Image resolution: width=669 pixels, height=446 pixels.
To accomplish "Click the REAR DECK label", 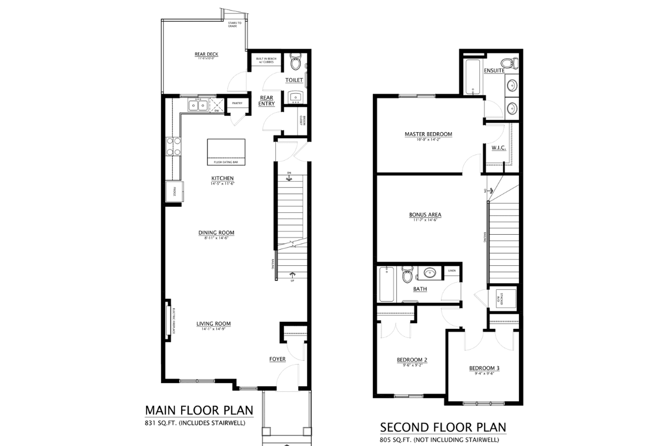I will click(206, 54).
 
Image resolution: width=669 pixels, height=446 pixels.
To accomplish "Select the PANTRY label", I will click(236, 103).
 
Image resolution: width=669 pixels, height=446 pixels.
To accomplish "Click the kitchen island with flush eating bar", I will click(226, 152).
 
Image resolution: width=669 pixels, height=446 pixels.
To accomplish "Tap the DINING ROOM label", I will click(216, 232).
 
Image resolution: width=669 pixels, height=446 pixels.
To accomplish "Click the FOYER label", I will click(277, 359).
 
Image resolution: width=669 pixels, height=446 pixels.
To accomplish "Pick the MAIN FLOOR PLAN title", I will click(199, 411).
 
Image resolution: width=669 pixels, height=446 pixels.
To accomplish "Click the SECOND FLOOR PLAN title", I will click(443, 428).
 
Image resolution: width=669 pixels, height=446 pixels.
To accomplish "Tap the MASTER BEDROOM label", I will click(428, 134).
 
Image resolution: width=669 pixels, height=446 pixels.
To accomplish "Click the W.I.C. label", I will click(498, 148).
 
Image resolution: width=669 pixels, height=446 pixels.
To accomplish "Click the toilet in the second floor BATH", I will click(408, 275).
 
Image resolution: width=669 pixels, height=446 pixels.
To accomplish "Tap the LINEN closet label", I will click(451, 270).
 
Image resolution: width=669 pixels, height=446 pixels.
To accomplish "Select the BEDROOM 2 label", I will click(412, 360).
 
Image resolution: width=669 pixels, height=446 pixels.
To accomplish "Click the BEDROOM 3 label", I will click(484, 368).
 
